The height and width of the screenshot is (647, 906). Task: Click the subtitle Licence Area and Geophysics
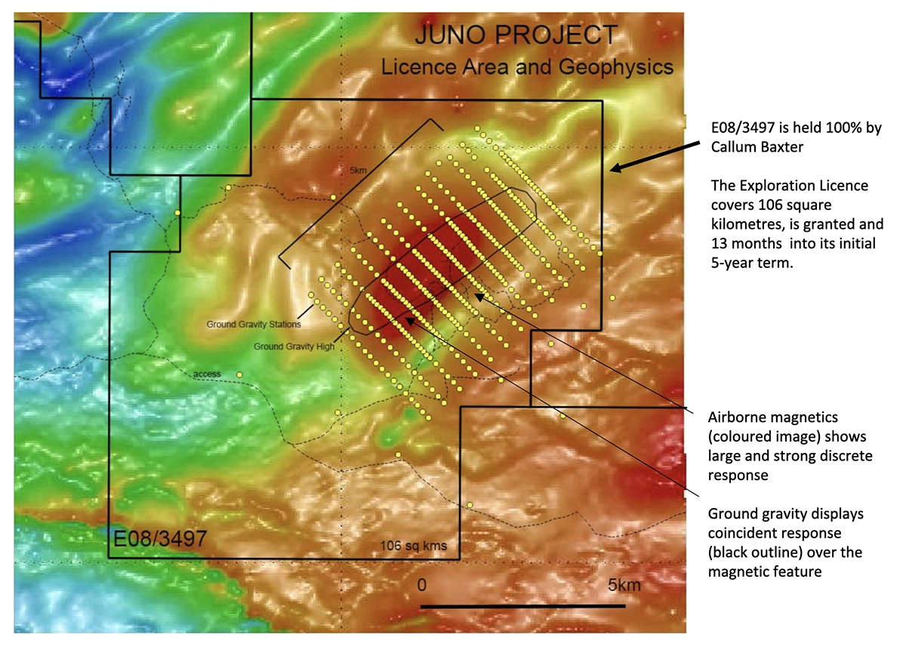[x=527, y=66]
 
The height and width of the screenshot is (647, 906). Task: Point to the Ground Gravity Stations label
[x=254, y=325]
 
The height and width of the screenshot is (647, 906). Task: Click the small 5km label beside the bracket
[x=358, y=171]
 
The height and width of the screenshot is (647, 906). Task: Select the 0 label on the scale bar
[x=423, y=585]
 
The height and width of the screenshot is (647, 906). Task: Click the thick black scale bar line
[x=522, y=605]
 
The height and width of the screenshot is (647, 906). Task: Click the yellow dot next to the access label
[x=239, y=374]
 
